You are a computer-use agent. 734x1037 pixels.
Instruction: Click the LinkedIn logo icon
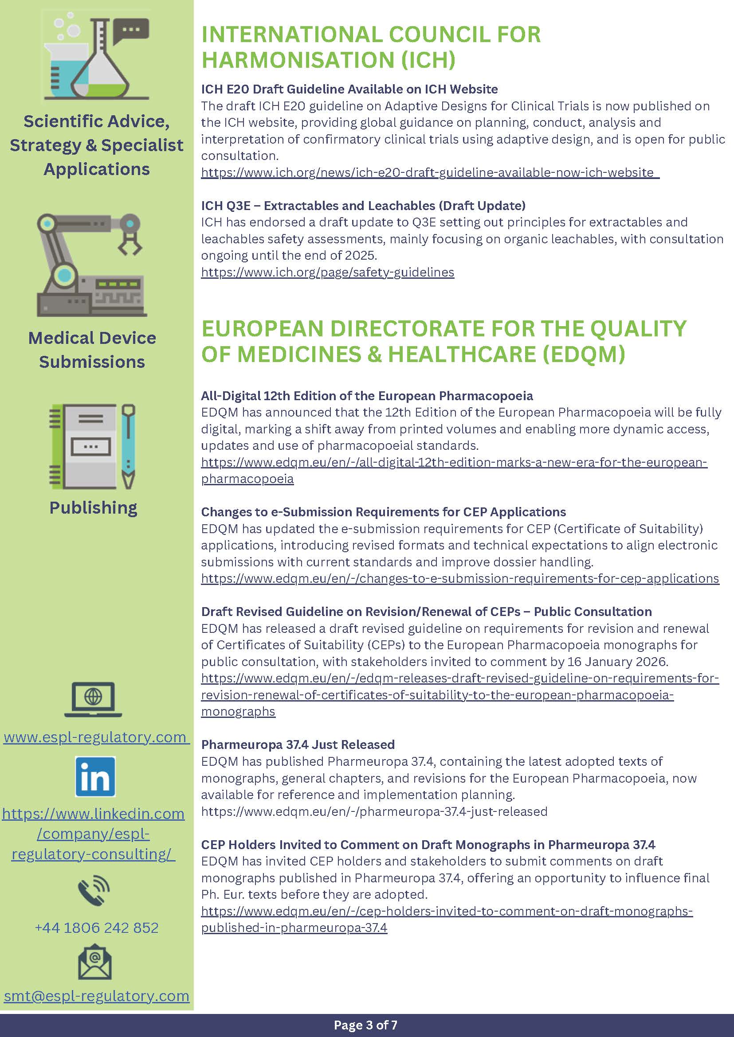(x=95, y=777)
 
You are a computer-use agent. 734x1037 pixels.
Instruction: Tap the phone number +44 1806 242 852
(x=97, y=927)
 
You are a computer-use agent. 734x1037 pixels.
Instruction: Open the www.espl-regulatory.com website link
(x=95, y=737)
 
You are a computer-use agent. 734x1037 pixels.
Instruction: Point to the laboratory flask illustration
(x=96, y=56)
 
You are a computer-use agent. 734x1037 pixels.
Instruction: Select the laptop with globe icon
(x=93, y=699)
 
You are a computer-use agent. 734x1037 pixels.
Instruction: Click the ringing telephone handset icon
(x=94, y=890)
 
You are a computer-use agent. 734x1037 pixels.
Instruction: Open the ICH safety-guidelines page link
(x=327, y=273)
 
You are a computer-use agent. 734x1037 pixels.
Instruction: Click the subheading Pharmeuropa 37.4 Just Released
(x=298, y=745)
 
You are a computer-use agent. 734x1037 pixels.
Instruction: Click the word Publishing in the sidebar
(x=93, y=508)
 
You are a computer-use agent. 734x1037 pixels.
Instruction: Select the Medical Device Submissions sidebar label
(x=92, y=350)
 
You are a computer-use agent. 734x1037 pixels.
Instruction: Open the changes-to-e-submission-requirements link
(x=459, y=579)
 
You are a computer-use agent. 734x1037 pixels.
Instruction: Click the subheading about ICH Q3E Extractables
(x=363, y=206)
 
